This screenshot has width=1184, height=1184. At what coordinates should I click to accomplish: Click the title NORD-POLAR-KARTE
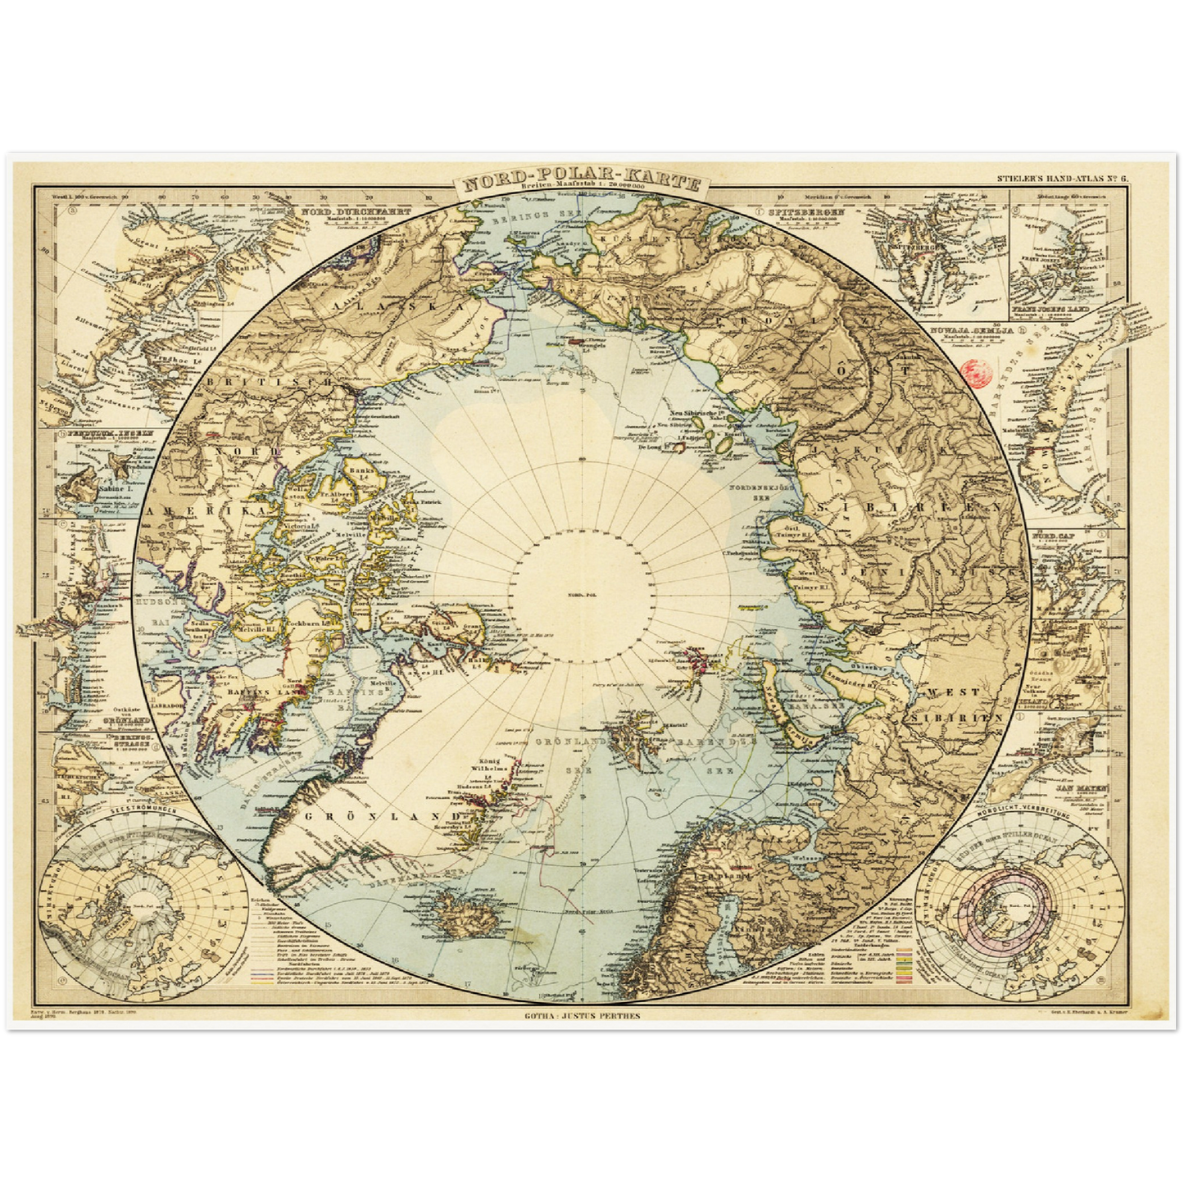580,183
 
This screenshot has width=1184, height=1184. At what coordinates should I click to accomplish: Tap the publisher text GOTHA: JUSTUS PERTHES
582,1016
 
